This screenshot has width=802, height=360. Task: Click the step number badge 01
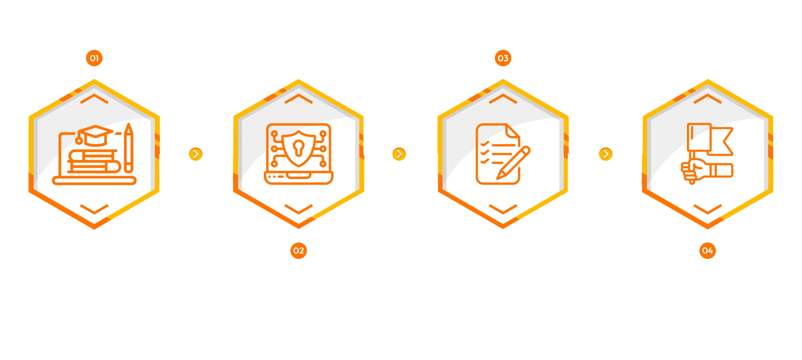click(x=94, y=58)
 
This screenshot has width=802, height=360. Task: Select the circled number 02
click(x=298, y=250)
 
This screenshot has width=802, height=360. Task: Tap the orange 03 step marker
click(x=503, y=58)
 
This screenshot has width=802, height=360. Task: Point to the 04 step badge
click(x=707, y=250)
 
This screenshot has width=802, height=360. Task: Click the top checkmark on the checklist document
click(x=485, y=144)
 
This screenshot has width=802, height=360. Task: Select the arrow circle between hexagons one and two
click(x=195, y=154)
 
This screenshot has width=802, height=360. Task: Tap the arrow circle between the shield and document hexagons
click(x=399, y=154)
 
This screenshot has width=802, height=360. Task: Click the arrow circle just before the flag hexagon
click(x=606, y=154)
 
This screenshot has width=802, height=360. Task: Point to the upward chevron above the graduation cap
click(x=94, y=99)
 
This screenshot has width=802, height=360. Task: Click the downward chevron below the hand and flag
click(x=707, y=209)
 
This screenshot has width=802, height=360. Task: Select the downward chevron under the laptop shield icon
click(x=298, y=209)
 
